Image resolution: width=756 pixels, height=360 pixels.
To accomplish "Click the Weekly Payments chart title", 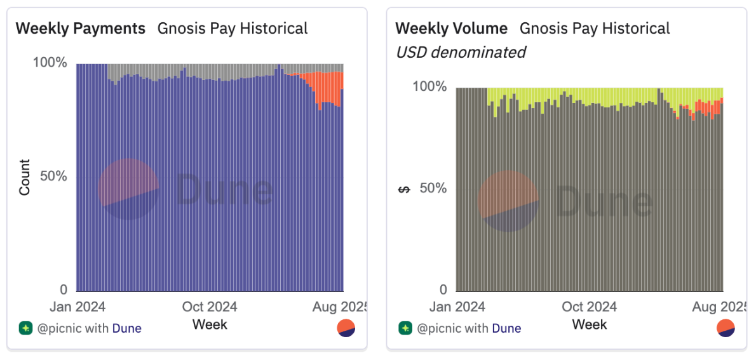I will (x=80, y=29).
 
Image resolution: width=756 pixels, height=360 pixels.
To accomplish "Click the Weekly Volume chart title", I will (x=451, y=29).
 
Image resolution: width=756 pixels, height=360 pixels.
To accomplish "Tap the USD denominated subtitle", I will (x=461, y=52).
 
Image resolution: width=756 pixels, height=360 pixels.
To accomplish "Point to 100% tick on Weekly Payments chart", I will (x=50, y=63).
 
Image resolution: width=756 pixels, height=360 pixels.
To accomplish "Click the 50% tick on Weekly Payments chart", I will (x=53, y=177).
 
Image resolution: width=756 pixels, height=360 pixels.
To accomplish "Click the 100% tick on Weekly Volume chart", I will (x=429, y=87).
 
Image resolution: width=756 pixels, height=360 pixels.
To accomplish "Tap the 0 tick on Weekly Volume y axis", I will (x=442, y=290).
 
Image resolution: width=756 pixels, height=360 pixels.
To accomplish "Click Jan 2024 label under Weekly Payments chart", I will (x=78, y=307).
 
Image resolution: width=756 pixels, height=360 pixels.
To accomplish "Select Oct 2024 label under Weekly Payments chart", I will (x=210, y=307).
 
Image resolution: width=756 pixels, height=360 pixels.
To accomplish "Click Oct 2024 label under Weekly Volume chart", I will (x=590, y=307).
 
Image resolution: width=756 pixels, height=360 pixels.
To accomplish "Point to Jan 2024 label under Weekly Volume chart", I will (x=458, y=307).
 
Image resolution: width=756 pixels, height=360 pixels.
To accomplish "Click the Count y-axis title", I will (x=25, y=177).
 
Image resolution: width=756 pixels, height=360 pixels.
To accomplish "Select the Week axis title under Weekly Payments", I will (x=210, y=324).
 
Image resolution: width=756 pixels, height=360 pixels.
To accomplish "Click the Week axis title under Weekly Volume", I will (x=590, y=324).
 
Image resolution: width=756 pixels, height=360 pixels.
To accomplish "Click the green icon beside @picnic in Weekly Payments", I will (x=25, y=328).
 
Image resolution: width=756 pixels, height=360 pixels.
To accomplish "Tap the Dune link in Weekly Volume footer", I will (x=506, y=328).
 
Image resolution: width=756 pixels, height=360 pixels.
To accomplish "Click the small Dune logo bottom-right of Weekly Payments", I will (x=346, y=328).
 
